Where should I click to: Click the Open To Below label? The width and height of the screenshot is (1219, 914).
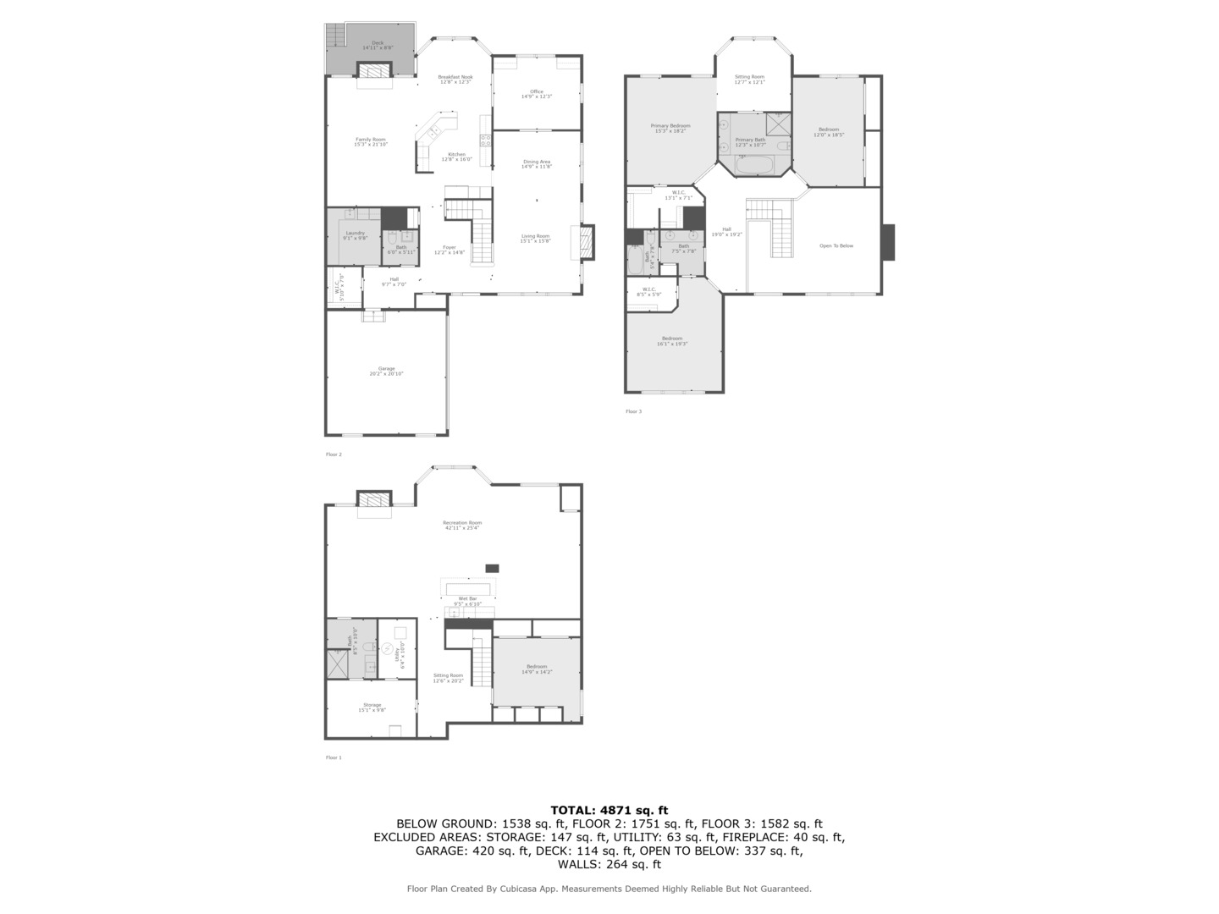[836, 245]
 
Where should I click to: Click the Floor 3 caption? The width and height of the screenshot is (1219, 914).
[633, 411]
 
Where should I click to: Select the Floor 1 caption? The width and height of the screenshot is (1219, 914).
[334, 757]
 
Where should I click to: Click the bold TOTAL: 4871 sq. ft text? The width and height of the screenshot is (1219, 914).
[609, 810]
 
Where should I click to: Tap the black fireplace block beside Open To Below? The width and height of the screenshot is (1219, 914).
[887, 241]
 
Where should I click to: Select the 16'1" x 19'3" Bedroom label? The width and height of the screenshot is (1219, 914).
[671, 340]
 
